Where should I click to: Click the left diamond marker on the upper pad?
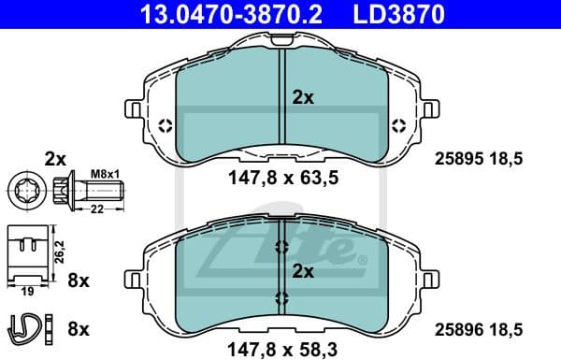165,125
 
